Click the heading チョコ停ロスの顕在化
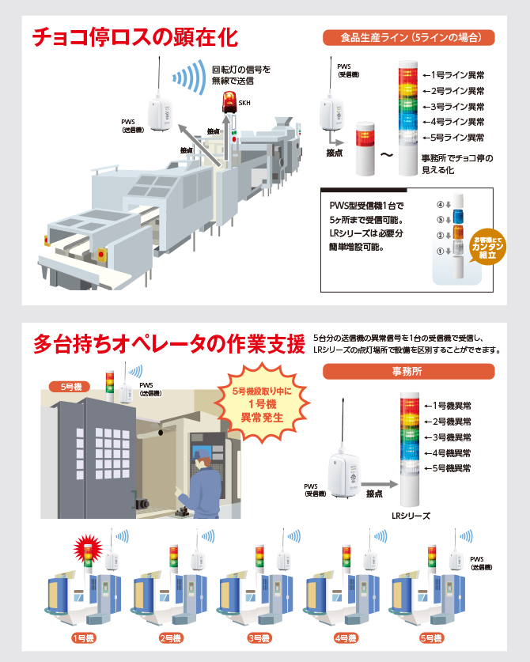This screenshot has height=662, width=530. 134,37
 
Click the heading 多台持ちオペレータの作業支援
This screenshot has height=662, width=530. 168,344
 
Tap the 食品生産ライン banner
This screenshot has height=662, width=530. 409,36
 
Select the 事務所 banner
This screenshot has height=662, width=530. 409,370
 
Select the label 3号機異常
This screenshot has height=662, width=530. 448,437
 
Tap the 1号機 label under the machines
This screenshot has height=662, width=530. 83,637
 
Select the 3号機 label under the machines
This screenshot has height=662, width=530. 259,637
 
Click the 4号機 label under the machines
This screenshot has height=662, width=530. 346,637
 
